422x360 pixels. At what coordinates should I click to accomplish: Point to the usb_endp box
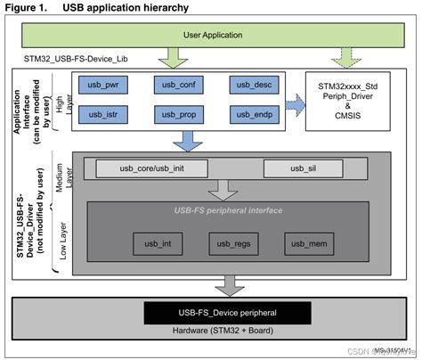coord(253,116)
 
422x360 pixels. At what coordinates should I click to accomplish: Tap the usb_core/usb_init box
coord(151,168)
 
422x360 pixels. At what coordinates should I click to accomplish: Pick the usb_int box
coord(152,244)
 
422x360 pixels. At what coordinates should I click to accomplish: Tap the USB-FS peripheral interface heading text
coord(229,210)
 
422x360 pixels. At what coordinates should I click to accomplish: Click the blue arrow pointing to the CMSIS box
coord(293,102)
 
